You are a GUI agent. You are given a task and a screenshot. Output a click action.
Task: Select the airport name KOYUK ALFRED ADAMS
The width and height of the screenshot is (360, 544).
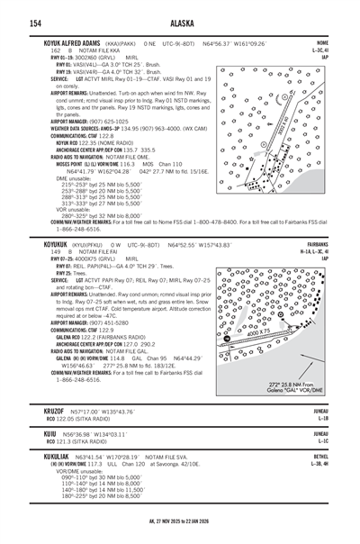(x=76, y=42)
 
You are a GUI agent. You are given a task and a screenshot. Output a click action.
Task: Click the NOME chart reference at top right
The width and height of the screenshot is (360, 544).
(x=321, y=42)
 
